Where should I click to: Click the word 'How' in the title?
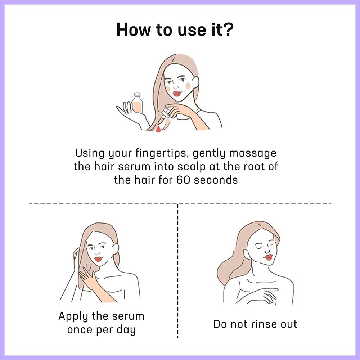point(134,30)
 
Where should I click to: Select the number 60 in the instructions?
point(183,180)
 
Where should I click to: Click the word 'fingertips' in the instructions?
point(162,153)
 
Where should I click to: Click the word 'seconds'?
point(216,180)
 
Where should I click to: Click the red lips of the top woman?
point(177,94)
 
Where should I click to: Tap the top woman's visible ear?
point(195,82)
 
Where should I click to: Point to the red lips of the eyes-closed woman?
point(268,257)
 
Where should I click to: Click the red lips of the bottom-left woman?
point(98,259)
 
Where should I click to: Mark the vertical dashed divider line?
point(178,270)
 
